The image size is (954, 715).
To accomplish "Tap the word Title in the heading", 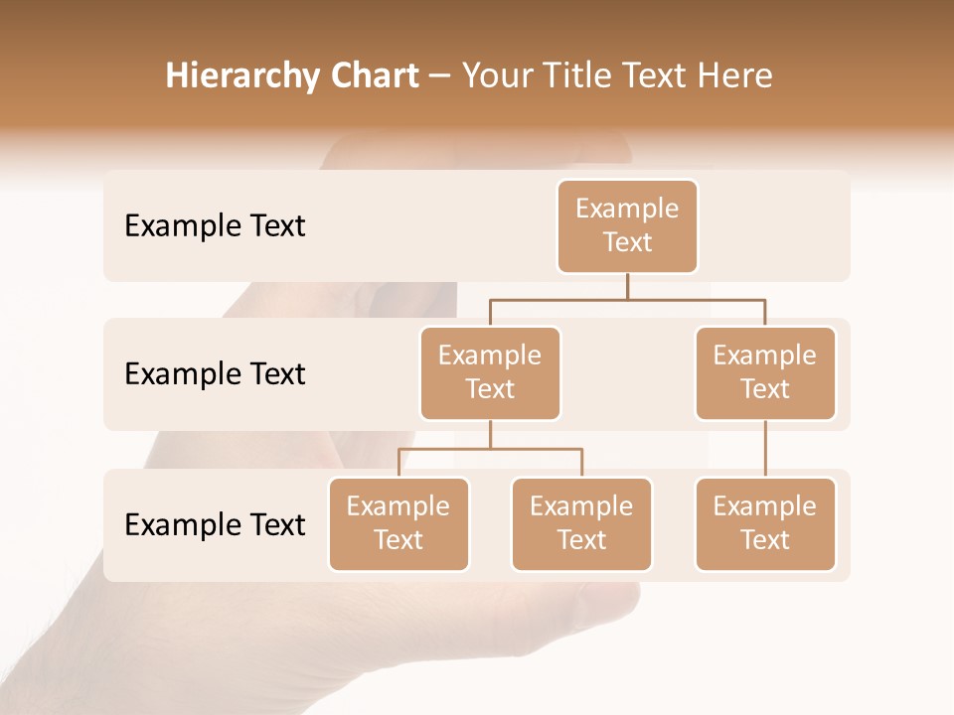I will click(576, 76).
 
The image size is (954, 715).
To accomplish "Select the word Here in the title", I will click(735, 76).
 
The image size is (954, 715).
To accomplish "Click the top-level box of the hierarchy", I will click(627, 226).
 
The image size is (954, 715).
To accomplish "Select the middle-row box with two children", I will click(490, 373).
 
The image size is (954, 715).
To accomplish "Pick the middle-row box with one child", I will click(765, 373).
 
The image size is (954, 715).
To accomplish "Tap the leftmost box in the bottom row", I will click(398, 524).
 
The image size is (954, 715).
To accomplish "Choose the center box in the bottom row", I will click(581, 524).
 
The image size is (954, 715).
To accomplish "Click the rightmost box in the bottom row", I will click(765, 524).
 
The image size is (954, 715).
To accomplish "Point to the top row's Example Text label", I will click(215, 226).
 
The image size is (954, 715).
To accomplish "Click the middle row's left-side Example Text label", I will click(215, 374).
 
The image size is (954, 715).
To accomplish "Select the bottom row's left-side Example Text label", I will click(215, 525).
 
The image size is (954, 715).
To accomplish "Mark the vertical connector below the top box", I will click(627, 286).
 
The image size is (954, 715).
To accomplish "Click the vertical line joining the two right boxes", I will click(765, 449).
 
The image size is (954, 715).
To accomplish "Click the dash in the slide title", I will click(440, 77).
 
